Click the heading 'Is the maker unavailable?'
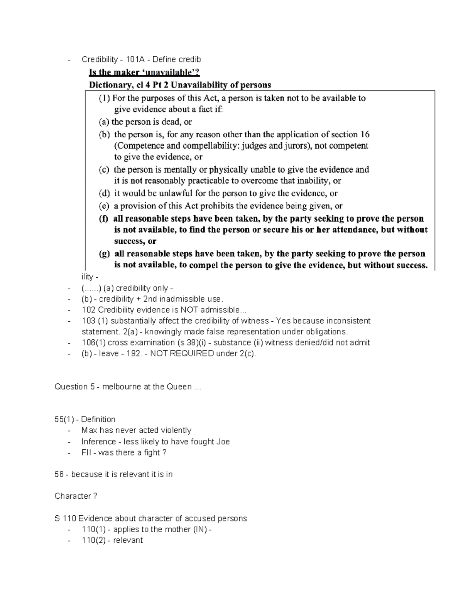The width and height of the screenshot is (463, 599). pos(144,72)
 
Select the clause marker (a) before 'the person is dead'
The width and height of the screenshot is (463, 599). pos(104,122)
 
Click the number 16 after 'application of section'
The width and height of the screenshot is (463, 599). pos(365,134)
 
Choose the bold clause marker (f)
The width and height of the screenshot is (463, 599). pos(103,219)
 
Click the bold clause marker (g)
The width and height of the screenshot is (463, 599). pos(104,254)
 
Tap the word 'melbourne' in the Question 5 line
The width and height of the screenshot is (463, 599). pos(120,386)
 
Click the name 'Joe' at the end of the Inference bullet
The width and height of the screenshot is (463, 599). pos(223,441)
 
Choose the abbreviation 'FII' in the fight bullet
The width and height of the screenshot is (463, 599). pos(86,452)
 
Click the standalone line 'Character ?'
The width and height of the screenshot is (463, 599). pos(76,496)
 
